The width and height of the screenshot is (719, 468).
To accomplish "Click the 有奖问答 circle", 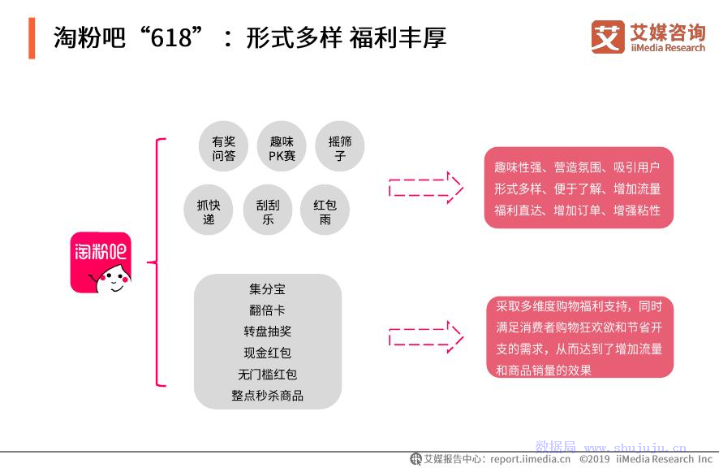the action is (223, 146).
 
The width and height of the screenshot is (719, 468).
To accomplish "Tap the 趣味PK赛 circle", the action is (282, 146).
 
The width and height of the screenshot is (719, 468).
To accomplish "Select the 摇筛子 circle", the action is (340, 146).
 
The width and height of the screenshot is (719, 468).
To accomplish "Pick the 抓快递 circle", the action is (209, 210).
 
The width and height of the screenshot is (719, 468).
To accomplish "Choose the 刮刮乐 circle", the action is (267, 210).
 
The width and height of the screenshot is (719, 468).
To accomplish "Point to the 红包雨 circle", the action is (325, 210).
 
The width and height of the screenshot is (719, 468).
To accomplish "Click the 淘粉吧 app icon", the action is (101, 262).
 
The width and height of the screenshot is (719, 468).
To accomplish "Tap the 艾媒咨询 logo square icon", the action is (608, 37).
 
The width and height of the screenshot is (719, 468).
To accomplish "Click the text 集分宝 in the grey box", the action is (267, 289).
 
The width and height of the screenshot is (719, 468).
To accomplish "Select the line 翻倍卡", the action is (267, 310).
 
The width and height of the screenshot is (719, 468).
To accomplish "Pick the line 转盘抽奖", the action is (267, 331).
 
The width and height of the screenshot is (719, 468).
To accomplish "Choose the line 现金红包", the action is (267, 353).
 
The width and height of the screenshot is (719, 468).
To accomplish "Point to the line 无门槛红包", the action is (267, 375).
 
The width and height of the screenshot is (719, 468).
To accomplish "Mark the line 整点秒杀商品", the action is (267, 396).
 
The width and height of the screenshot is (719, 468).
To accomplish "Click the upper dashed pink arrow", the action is (426, 188).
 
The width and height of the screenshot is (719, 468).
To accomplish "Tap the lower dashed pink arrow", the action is (426, 337).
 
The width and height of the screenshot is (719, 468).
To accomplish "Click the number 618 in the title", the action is (171, 37).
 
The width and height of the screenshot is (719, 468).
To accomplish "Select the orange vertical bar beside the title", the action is (32, 38).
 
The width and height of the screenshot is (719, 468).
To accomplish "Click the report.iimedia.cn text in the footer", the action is (530, 459).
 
